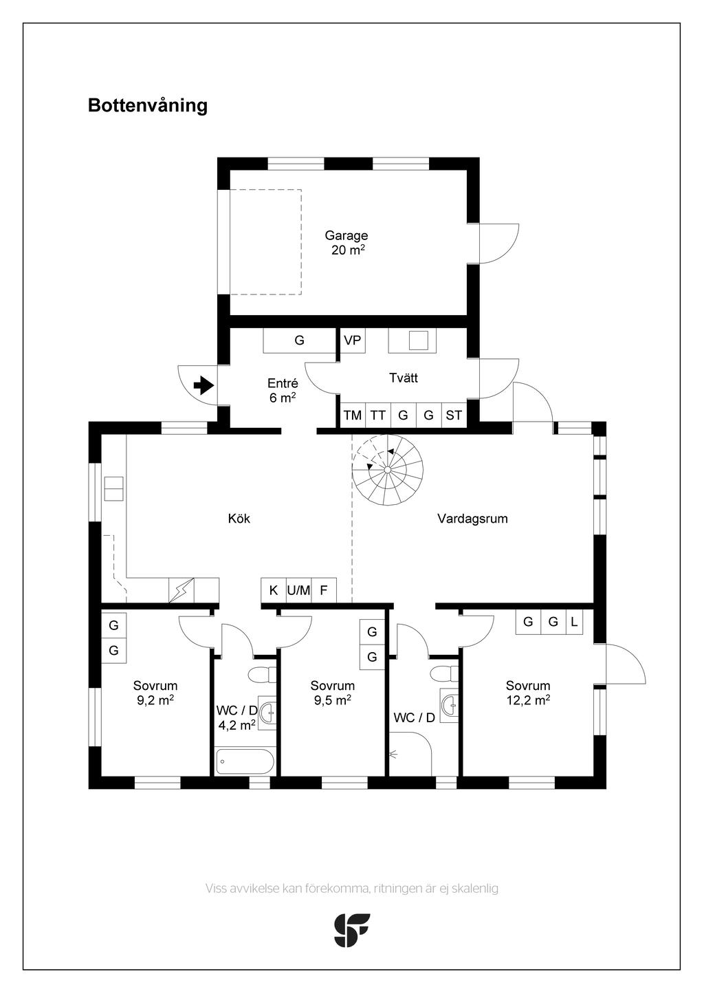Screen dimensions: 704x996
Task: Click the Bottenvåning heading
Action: [x=148, y=106]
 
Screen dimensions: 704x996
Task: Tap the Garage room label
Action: [x=346, y=235]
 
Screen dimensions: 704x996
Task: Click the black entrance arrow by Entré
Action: [x=204, y=385]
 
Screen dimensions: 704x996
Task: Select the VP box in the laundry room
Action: [x=353, y=340]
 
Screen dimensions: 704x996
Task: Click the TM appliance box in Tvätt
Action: [x=353, y=415]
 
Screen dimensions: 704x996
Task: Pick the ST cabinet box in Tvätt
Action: [x=454, y=415]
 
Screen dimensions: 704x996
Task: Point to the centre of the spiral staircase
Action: [x=388, y=470]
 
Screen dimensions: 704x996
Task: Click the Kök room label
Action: [x=239, y=519]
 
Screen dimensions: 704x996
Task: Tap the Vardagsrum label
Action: [x=472, y=519]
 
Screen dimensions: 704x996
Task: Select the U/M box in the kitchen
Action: [x=298, y=590]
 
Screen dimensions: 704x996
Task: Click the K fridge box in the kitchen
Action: [x=274, y=590]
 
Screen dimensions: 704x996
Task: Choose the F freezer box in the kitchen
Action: [x=324, y=590]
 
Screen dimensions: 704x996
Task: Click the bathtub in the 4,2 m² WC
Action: [x=245, y=761]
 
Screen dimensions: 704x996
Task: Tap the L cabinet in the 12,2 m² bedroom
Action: [x=574, y=621]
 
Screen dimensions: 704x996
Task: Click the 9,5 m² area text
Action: [x=333, y=700]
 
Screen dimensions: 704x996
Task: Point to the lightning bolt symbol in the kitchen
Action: [x=181, y=590]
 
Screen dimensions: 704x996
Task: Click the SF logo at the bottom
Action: [x=351, y=930]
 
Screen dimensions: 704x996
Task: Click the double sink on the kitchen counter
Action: [x=113, y=488]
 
